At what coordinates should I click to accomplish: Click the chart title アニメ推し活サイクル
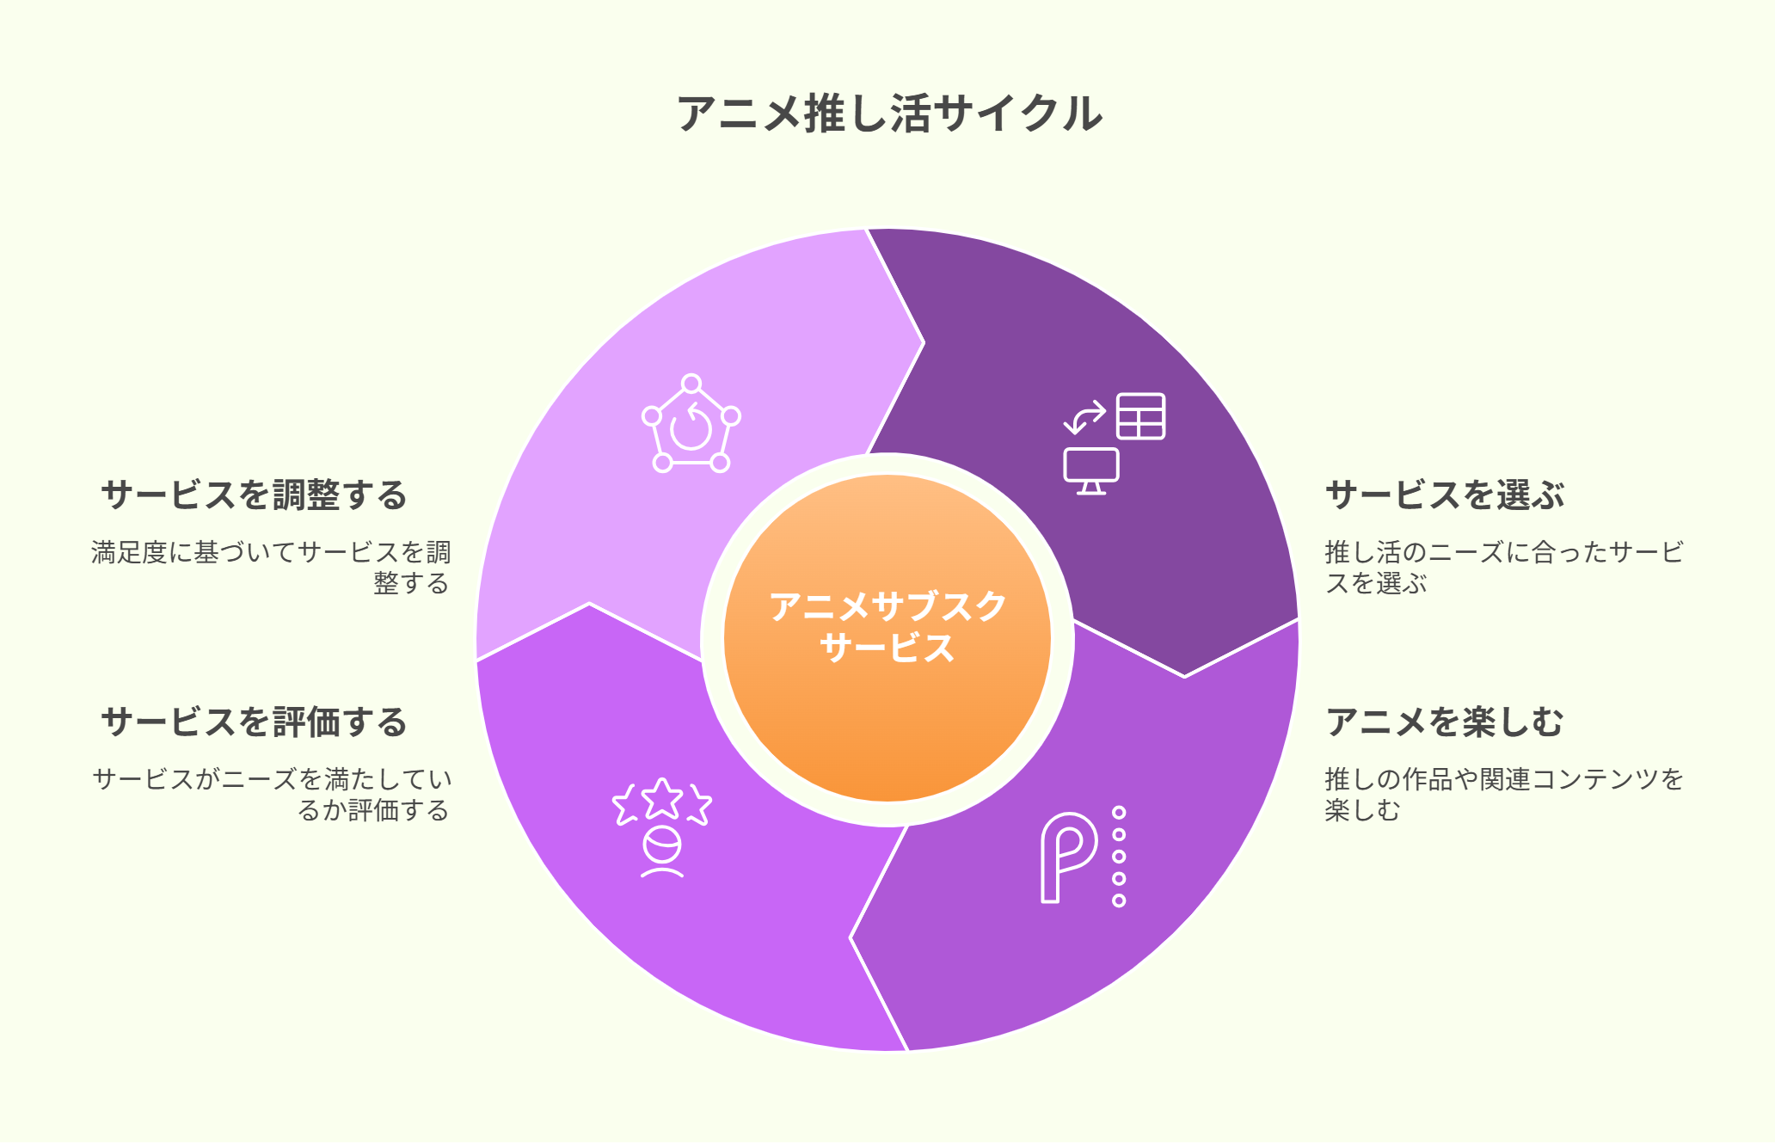[889, 114]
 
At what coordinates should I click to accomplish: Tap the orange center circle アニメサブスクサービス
[887, 638]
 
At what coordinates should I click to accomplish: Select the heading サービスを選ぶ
[1445, 495]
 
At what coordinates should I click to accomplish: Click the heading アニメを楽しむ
[1445, 722]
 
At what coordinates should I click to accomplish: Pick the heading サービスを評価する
[255, 722]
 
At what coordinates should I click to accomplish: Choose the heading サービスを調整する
[255, 495]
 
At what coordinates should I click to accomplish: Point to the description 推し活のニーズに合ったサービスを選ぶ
[1504, 568]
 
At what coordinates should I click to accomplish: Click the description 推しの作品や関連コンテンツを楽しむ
[1504, 795]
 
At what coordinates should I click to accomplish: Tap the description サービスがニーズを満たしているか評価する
[272, 795]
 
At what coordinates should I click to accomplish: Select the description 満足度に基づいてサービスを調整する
[272, 568]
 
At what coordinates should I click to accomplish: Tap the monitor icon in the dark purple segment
[1091, 470]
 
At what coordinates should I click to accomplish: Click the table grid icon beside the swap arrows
[1141, 416]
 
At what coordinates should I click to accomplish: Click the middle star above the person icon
[662, 798]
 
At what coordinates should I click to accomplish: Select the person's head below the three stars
[662, 845]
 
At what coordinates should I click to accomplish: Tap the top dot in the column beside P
[1119, 813]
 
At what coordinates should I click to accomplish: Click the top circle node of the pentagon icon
[691, 384]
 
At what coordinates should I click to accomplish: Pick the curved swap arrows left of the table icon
[1085, 416]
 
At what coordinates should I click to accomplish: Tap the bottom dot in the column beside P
[1119, 900]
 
